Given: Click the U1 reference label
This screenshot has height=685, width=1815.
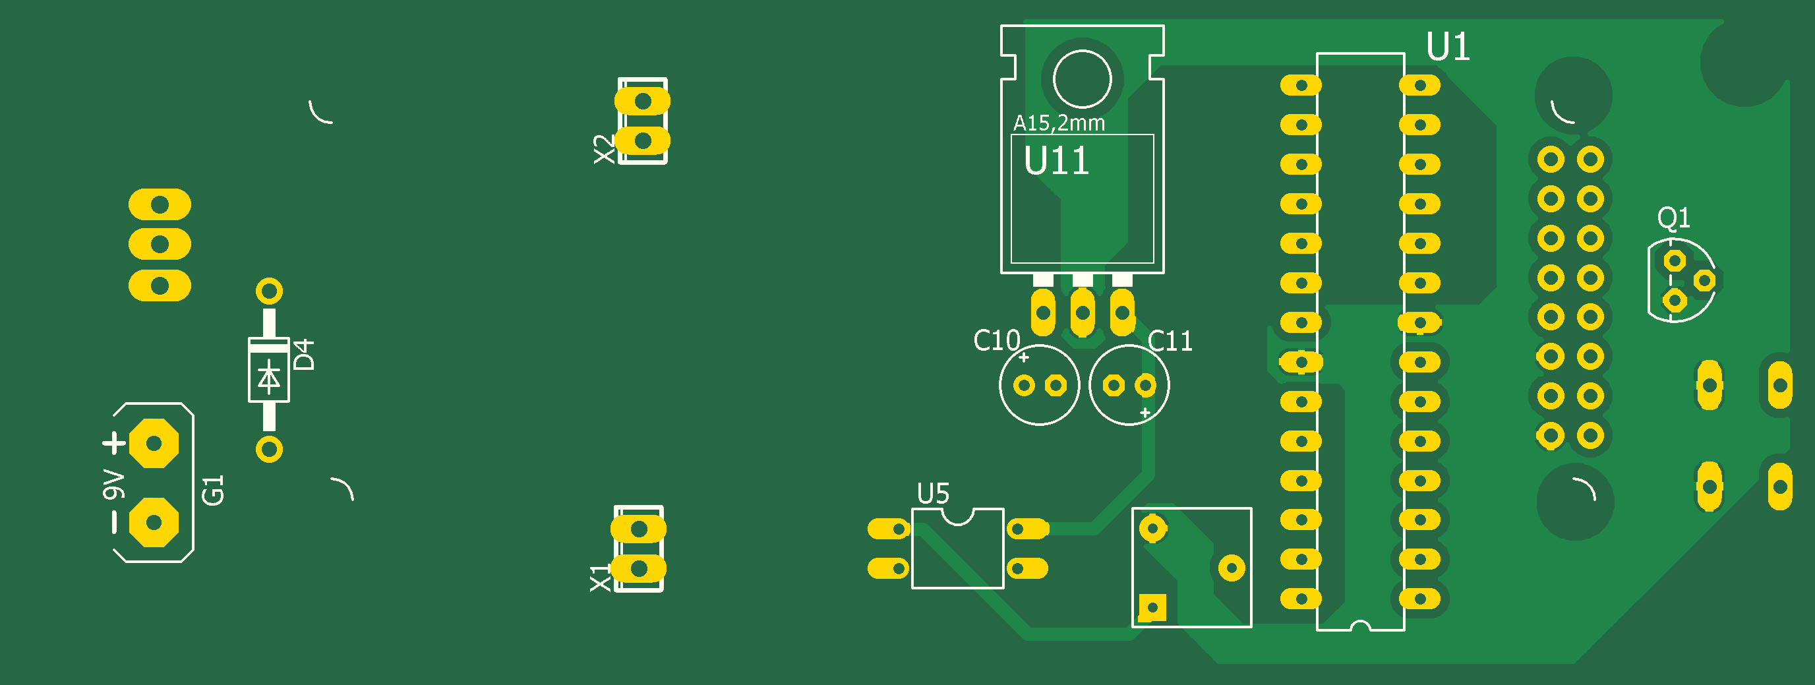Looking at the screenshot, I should point(1448,47).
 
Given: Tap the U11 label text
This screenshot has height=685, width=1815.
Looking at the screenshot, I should point(1056,161).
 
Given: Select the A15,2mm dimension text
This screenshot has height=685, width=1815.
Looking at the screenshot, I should point(1058,123).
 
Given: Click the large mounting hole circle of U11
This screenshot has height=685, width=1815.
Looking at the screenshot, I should point(1083,79).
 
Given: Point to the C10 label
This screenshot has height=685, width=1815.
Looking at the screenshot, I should point(996,340).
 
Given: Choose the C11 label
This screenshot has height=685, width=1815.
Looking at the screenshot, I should point(1170,341).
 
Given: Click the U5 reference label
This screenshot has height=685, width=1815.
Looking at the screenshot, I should point(933,493).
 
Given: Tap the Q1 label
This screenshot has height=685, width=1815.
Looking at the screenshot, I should point(1673,218).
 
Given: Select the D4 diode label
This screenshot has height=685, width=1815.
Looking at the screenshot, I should point(304,355).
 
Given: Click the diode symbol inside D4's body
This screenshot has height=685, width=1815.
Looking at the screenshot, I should point(268,377).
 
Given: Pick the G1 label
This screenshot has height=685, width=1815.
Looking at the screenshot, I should point(213,490).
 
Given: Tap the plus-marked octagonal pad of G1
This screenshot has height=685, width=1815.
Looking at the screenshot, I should point(154,443).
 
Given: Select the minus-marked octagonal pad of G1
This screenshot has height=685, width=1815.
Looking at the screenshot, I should point(154,522).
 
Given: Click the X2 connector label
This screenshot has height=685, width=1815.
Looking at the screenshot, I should point(604,150).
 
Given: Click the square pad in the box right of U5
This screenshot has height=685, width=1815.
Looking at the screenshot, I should point(1152,607).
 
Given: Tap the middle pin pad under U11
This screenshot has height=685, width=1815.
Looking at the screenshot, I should point(1083,313).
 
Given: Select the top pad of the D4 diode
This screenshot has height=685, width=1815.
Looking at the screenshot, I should point(269,290).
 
